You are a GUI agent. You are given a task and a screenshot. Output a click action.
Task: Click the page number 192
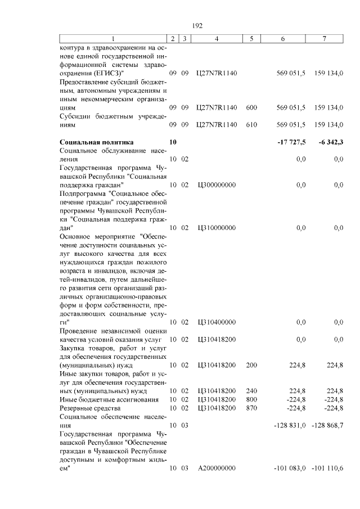click(197, 26)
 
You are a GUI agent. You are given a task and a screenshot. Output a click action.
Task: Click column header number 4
click(217, 38)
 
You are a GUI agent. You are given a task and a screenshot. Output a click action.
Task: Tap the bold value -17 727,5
click(291, 142)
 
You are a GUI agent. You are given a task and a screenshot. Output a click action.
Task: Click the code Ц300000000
click(217, 184)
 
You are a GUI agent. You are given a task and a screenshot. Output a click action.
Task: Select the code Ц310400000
click(217, 322)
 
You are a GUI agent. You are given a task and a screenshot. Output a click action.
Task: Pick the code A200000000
click(217, 469)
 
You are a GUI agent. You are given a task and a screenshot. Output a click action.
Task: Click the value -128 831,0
click(290, 426)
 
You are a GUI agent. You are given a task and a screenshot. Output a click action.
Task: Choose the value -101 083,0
click(290, 469)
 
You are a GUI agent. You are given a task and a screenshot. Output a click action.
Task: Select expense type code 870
click(251, 408)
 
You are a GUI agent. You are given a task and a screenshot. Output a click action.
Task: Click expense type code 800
click(251, 399)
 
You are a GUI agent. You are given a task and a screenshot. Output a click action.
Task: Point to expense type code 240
click(251, 391)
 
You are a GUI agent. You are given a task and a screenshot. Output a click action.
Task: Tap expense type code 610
click(251, 125)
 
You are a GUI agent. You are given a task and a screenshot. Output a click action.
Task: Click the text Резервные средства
click(90, 408)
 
